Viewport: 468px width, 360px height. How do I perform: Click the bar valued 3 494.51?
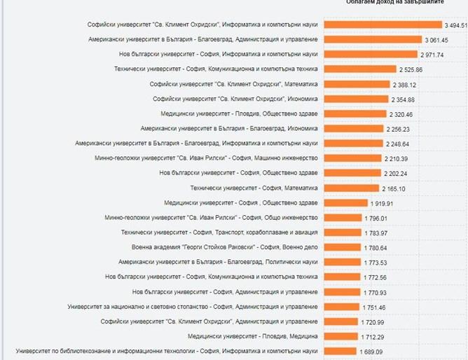tap(383, 25)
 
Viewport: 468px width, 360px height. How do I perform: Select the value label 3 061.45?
tap(436, 39)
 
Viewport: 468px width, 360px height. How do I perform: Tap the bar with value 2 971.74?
tap(371, 54)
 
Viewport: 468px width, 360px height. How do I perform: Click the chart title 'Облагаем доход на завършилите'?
tap(395, 2)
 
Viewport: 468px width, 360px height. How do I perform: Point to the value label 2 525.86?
tap(411, 69)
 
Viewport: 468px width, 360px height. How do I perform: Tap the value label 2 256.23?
tap(398, 129)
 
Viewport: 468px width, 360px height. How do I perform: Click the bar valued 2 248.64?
tap(353, 144)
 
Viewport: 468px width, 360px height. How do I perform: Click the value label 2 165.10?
tap(394, 188)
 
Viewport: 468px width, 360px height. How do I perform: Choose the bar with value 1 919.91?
tap(346, 203)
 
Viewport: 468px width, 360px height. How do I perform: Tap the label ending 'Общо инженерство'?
tap(211, 218)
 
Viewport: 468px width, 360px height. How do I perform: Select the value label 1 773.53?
tap(376, 263)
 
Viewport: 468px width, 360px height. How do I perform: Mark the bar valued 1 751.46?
tap(343, 307)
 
